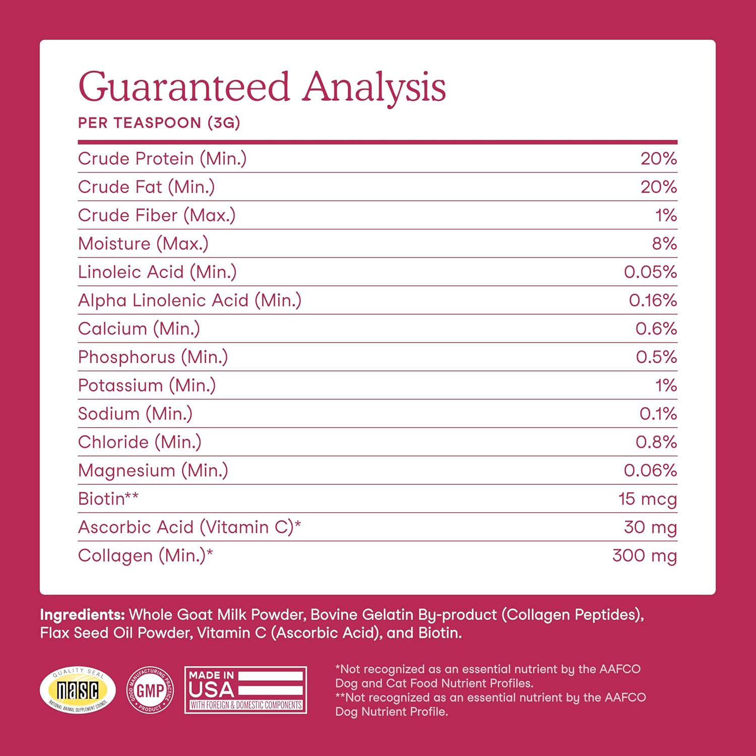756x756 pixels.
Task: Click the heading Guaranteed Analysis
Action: coord(262,87)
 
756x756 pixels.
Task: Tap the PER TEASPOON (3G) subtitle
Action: coord(159,123)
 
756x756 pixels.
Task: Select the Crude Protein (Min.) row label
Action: coord(162,159)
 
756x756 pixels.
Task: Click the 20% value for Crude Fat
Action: coord(658,187)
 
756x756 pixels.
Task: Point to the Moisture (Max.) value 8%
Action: coord(664,244)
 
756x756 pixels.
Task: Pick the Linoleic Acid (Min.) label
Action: coord(157,272)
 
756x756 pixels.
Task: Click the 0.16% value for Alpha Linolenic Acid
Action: coord(653,300)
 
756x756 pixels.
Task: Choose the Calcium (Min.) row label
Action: coord(139,329)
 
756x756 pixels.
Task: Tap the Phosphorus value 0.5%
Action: coord(656,357)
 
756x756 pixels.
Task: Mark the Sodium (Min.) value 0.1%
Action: coord(658,414)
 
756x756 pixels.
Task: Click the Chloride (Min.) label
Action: coord(140,442)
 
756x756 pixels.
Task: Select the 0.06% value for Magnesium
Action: coord(650,471)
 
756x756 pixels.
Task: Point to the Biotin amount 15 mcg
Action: coord(647,499)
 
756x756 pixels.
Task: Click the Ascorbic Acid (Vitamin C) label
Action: coord(189,527)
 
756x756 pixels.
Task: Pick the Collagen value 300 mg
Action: coord(644,555)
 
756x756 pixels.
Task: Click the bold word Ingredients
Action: coord(82,615)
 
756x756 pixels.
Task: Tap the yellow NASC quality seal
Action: coord(78,690)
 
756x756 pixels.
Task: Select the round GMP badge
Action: coord(150,690)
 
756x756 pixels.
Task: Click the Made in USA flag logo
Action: coord(246,690)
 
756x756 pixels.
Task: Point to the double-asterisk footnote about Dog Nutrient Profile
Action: coord(490,705)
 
